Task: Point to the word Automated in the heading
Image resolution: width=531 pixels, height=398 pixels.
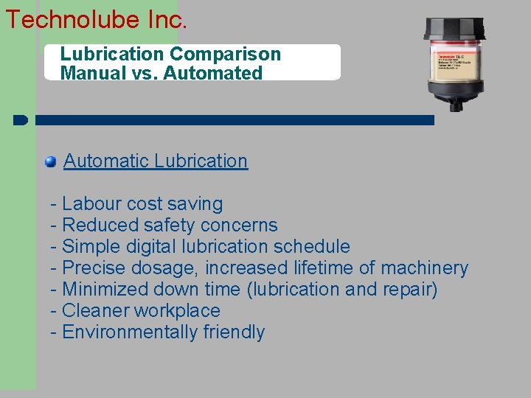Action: tap(221, 73)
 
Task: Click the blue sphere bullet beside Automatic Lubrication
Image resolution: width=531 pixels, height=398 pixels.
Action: tap(50, 161)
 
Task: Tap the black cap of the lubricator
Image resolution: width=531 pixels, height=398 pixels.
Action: tap(454, 29)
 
